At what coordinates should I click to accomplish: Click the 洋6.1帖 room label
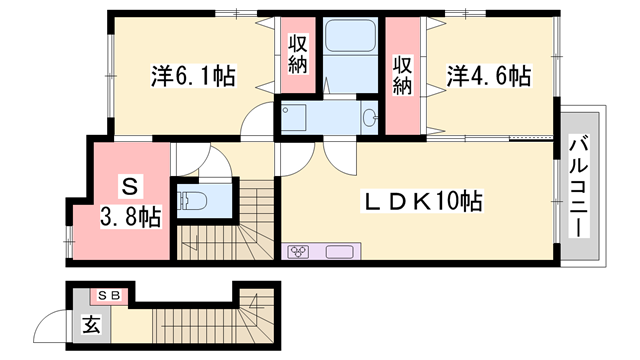click(x=192, y=75)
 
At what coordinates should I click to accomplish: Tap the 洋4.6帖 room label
click(x=487, y=75)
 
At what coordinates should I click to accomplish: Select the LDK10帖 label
click(x=421, y=201)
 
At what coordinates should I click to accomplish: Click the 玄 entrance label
click(x=91, y=324)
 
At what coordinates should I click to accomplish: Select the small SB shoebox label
click(x=108, y=295)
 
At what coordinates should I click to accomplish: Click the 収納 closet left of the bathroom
click(x=298, y=59)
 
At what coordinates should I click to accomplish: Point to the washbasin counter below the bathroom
click(x=330, y=118)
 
